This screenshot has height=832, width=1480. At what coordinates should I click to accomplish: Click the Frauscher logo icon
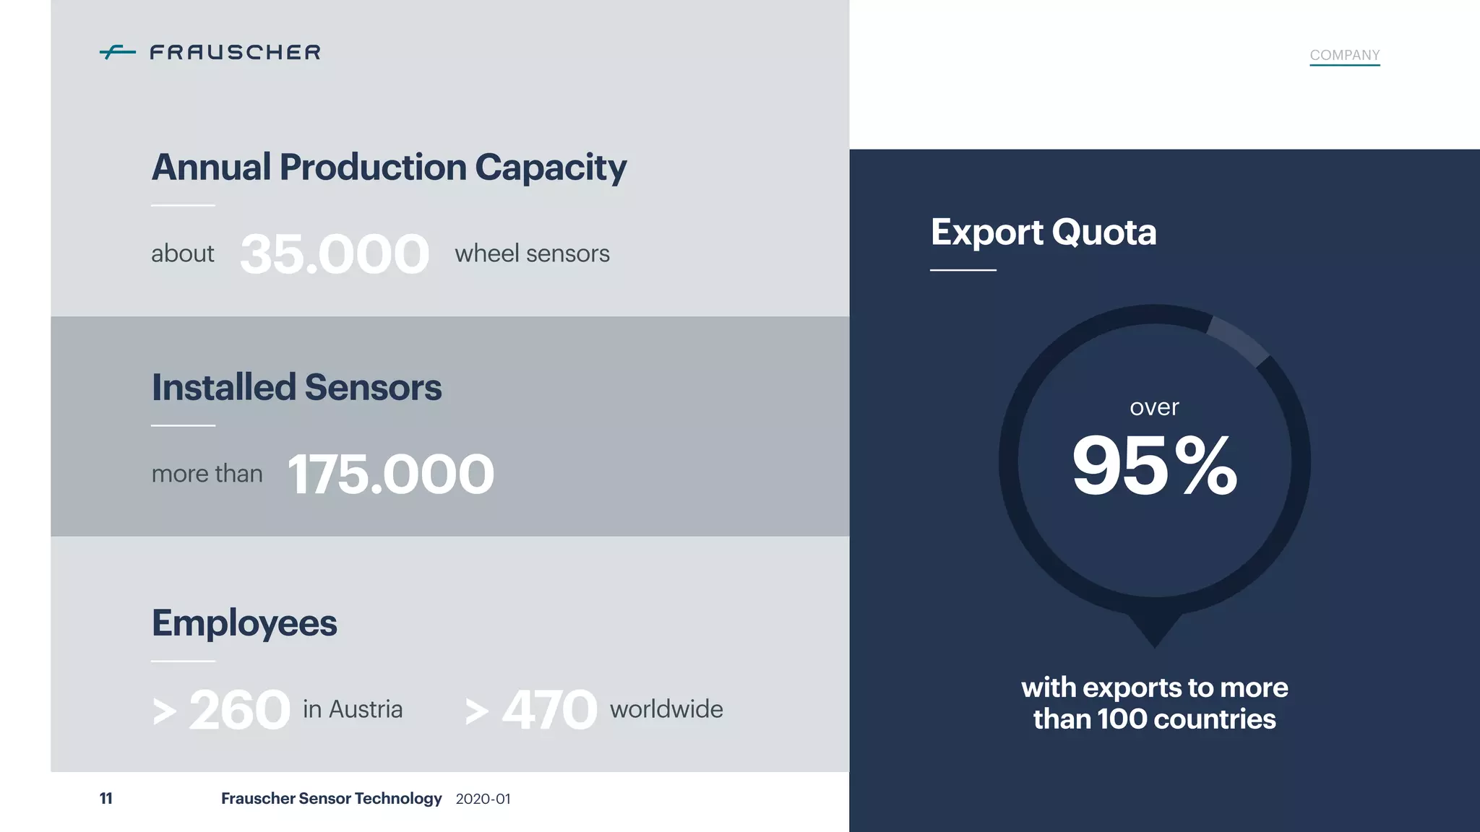coord(118,52)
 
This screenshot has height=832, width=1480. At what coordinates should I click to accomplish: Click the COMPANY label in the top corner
coord(1344,55)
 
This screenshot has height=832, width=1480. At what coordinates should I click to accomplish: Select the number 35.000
coord(335,254)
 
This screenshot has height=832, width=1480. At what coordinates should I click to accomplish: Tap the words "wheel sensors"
coord(532,253)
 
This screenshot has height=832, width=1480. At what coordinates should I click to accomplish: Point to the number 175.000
coord(391,474)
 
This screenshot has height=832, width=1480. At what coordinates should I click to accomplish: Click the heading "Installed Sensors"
coord(296,387)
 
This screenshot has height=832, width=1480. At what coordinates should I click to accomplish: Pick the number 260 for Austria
coord(239,710)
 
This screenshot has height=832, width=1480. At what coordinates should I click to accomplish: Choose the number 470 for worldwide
coord(550,710)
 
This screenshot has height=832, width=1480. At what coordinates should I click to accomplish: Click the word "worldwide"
coord(666,709)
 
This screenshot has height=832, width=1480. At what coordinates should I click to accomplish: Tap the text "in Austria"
coord(353,709)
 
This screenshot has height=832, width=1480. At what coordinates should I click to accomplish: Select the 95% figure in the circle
coord(1154,466)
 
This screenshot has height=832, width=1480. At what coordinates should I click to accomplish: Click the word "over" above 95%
coord(1154,407)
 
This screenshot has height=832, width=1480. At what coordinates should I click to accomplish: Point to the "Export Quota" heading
coord(1044,233)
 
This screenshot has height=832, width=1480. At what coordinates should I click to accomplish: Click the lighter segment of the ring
coord(1239,339)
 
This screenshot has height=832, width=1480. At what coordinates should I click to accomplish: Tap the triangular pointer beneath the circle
coord(1154,628)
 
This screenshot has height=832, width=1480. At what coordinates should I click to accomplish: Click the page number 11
coord(106,798)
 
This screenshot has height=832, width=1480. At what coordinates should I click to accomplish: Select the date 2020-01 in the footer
coord(483,799)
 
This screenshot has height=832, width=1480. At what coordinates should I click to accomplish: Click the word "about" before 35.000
coord(183,253)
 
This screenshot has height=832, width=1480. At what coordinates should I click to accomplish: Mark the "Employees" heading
coord(244,623)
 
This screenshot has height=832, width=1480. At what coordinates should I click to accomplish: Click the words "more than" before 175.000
coord(207,474)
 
